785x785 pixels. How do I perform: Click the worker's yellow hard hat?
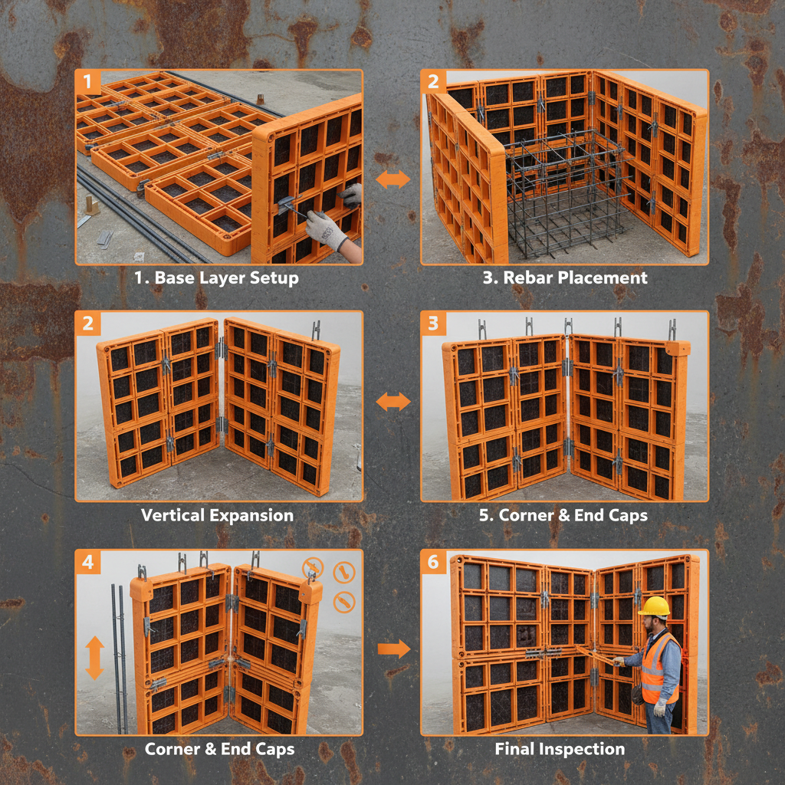(x=654, y=606)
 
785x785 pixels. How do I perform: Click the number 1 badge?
(x=88, y=82)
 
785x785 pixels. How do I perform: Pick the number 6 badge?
(x=433, y=563)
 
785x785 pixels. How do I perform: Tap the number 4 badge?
(x=88, y=563)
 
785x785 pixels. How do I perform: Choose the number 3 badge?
(x=433, y=324)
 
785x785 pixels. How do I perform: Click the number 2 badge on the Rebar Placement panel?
(x=433, y=82)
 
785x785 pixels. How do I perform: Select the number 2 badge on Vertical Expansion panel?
(x=88, y=324)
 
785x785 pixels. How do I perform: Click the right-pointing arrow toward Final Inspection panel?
(x=394, y=649)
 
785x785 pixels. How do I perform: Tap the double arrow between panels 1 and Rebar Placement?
(x=393, y=179)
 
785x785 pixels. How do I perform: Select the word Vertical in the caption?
(x=170, y=515)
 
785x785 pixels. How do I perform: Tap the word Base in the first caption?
(x=174, y=278)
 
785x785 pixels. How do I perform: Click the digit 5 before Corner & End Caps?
(x=484, y=515)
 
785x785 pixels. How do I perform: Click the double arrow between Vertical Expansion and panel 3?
(x=393, y=402)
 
